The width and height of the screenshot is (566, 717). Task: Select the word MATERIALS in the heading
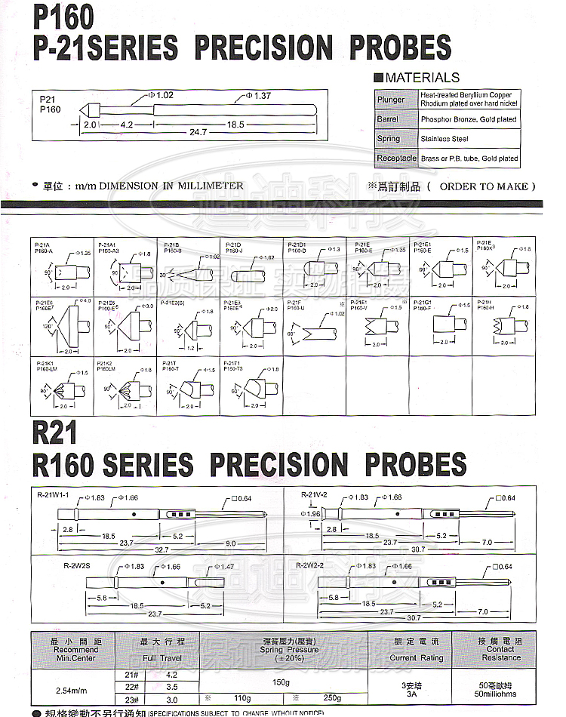coord(422,78)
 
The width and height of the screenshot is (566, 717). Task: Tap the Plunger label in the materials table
coord(391,100)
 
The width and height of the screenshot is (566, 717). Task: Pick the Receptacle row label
coord(396,158)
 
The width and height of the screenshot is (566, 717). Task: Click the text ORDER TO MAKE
coord(488,186)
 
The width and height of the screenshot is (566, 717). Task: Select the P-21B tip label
coord(169,245)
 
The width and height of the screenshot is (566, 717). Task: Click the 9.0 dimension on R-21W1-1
coord(231,543)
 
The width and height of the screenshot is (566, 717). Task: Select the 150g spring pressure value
coord(281,682)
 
